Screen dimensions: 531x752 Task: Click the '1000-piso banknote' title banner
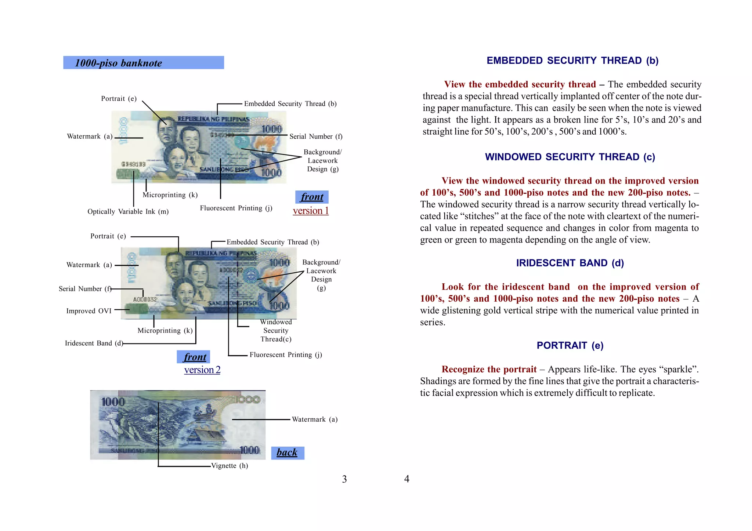[143, 63]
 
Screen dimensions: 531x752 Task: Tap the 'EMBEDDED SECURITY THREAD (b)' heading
[572, 61]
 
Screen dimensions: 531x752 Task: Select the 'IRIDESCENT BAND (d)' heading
[570, 263]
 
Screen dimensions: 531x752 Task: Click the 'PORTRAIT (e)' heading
[570, 345]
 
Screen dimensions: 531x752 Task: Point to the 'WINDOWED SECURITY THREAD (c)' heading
[570, 157]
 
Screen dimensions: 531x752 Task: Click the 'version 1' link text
[311, 211]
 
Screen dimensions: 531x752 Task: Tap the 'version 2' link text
[202, 370]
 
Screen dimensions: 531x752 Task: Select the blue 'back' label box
[288, 452]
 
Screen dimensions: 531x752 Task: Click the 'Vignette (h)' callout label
[229, 466]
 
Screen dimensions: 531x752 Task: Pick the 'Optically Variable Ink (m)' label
[128, 212]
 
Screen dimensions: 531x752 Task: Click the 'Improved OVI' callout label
[89, 311]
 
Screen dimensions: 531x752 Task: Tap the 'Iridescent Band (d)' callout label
[94, 343]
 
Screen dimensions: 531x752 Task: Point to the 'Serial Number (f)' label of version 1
[316, 137]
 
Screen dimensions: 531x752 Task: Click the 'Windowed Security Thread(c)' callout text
[276, 331]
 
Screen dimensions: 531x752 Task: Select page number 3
[344, 479]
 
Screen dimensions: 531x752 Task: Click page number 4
[406, 479]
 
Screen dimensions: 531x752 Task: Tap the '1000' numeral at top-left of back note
[113, 402]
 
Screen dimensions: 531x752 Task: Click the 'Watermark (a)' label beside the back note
[314, 419]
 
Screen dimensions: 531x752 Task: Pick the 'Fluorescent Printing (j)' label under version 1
[236, 208]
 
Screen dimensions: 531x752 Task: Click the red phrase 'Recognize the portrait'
[489, 369]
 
